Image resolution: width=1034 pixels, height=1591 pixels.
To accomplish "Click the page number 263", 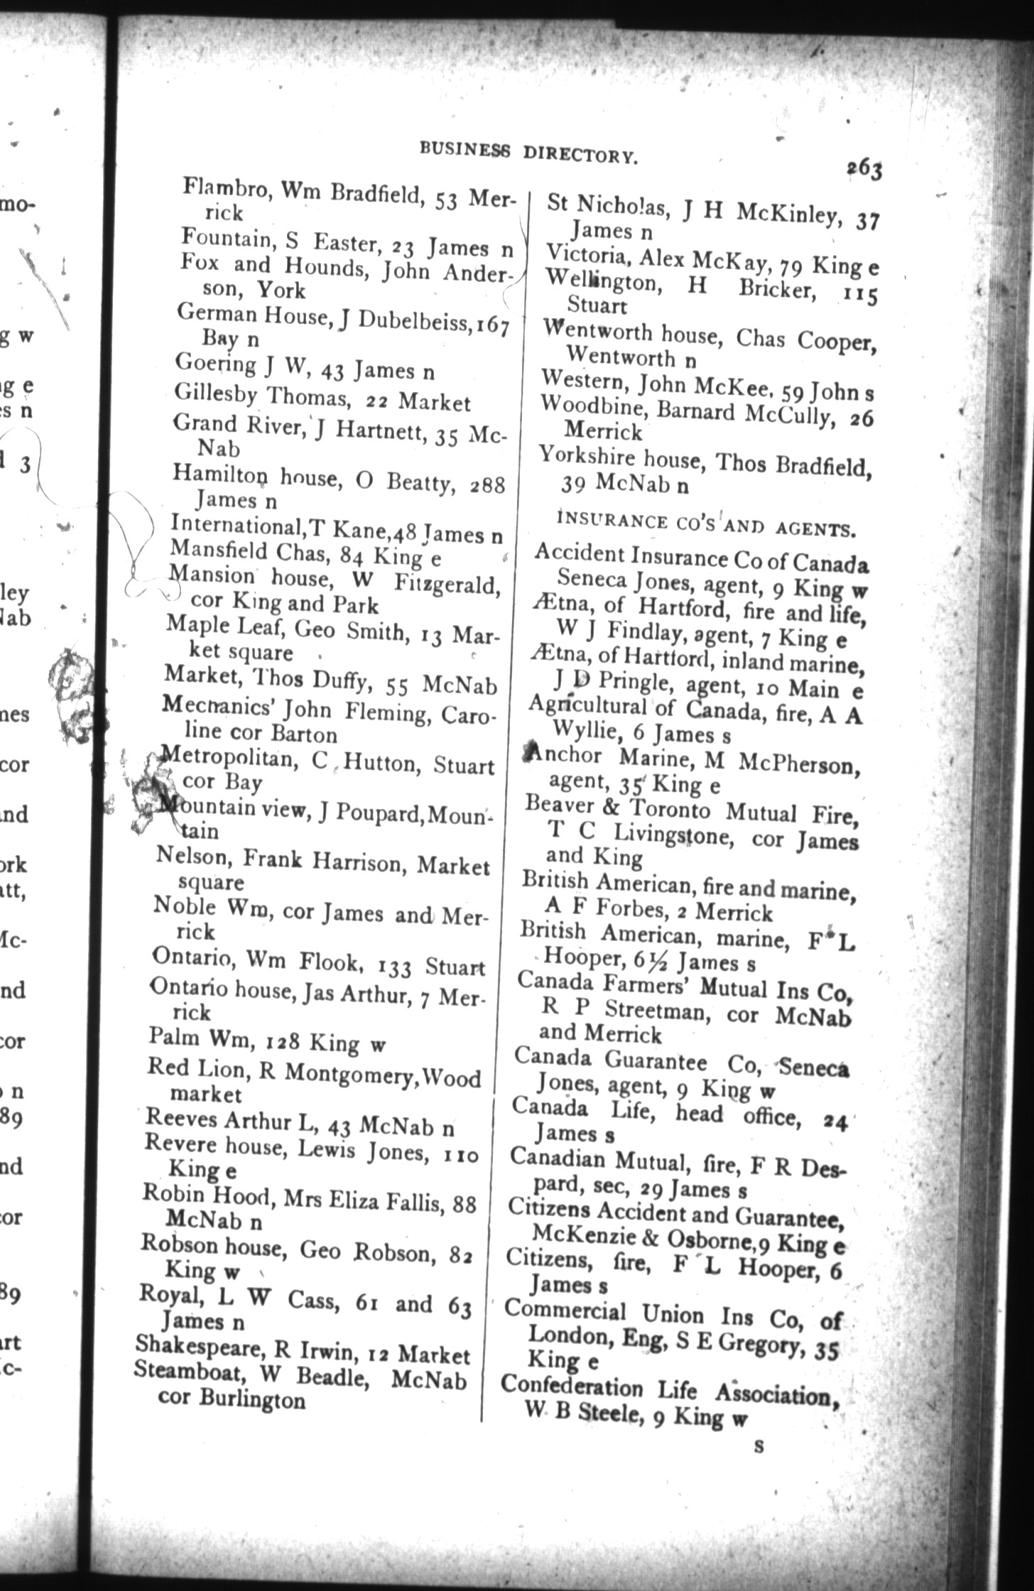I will pyautogui.click(x=864, y=170).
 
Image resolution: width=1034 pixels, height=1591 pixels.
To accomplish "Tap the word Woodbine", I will pyautogui.click(x=593, y=408).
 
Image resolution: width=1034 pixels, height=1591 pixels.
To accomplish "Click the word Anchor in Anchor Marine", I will pyautogui.click(x=564, y=756).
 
